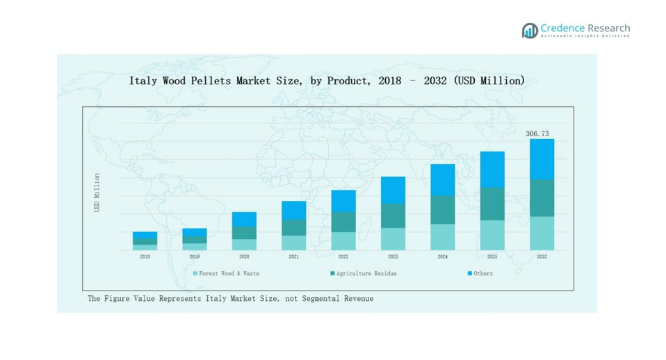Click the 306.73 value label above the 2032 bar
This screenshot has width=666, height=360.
click(x=542, y=133)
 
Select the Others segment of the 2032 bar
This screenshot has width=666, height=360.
click(x=542, y=159)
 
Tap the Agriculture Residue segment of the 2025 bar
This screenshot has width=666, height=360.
click(x=492, y=204)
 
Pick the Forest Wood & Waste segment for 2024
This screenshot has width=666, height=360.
click(x=443, y=237)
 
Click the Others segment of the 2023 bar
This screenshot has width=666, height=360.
click(x=393, y=190)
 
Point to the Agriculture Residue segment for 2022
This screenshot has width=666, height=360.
click(x=343, y=222)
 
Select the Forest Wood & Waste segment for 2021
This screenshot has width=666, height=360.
click(x=293, y=243)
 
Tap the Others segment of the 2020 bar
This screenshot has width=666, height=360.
click(x=244, y=219)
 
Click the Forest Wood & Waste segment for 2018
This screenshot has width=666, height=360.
click(x=145, y=247)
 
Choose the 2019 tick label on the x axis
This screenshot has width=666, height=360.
click(x=195, y=256)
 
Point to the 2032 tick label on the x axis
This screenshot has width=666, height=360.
click(x=542, y=256)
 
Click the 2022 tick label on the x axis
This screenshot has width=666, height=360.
click(x=343, y=256)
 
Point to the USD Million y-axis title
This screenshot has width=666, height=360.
click(x=97, y=193)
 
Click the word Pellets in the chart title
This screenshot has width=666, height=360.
click(x=212, y=81)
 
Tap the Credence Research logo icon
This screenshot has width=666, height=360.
click(x=530, y=31)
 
